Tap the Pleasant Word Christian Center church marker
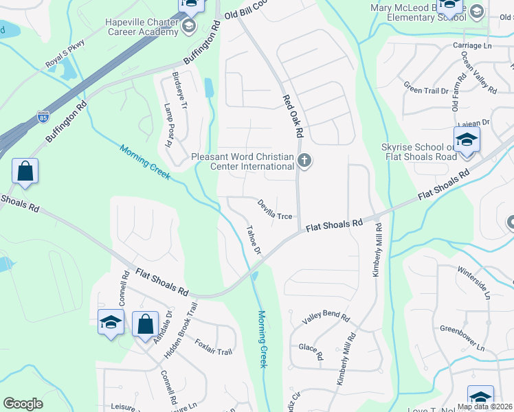[305, 161]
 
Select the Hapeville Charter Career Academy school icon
[188, 27]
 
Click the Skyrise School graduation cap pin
[467, 140]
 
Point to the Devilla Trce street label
[275, 209]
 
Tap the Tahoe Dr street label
[254, 241]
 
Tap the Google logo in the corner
[23, 404]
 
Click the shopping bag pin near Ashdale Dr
[145, 324]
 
